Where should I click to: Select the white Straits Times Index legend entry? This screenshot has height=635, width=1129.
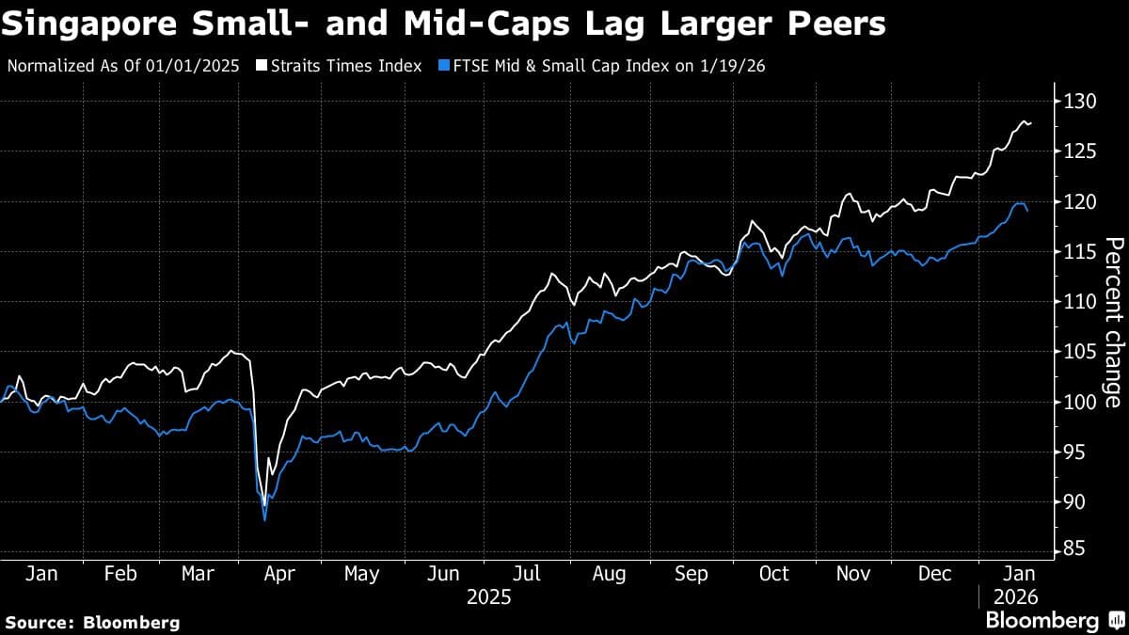click(x=340, y=67)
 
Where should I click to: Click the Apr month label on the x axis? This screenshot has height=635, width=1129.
click(x=281, y=574)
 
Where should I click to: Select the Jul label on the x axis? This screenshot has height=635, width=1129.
click(x=528, y=574)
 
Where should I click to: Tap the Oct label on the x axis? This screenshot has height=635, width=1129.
click(x=773, y=574)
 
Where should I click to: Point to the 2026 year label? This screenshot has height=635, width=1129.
click(x=1015, y=597)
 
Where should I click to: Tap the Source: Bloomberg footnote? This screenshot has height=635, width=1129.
click(x=92, y=622)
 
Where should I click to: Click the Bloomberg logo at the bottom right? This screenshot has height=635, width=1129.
click(x=1054, y=621)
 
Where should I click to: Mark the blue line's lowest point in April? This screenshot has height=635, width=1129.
click(x=264, y=519)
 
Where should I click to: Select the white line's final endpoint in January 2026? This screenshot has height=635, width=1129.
click(x=1030, y=123)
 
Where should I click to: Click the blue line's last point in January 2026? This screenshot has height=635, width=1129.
click(x=1027, y=211)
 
